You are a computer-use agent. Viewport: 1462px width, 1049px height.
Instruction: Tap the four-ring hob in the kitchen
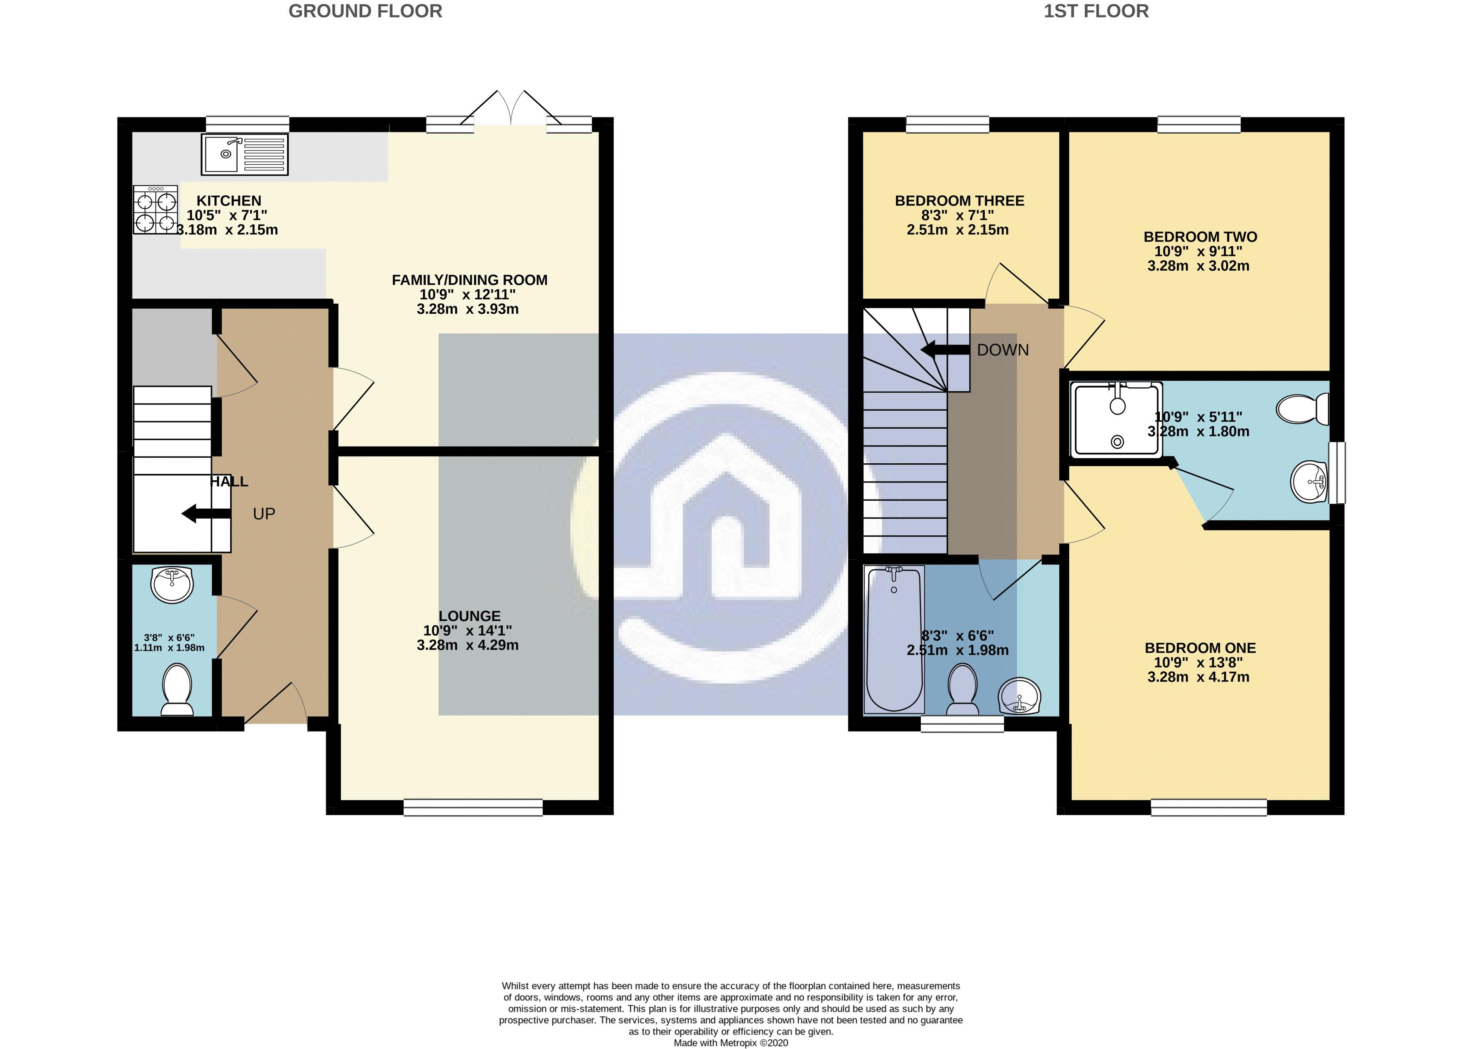click(155, 210)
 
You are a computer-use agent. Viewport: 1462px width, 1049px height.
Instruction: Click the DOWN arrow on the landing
click(944, 350)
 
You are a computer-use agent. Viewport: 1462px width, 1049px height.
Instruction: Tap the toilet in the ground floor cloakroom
click(177, 690)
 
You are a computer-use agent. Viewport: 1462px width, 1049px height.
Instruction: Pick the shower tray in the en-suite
click(1116, 418)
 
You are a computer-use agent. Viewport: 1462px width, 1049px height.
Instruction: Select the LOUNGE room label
click(469, 616)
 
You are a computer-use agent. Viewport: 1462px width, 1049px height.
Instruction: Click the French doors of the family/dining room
click(511, 110)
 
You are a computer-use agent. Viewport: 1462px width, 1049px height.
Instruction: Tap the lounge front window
click(473, 807)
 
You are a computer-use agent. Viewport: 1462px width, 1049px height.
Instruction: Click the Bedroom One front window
click(1209, 807)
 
